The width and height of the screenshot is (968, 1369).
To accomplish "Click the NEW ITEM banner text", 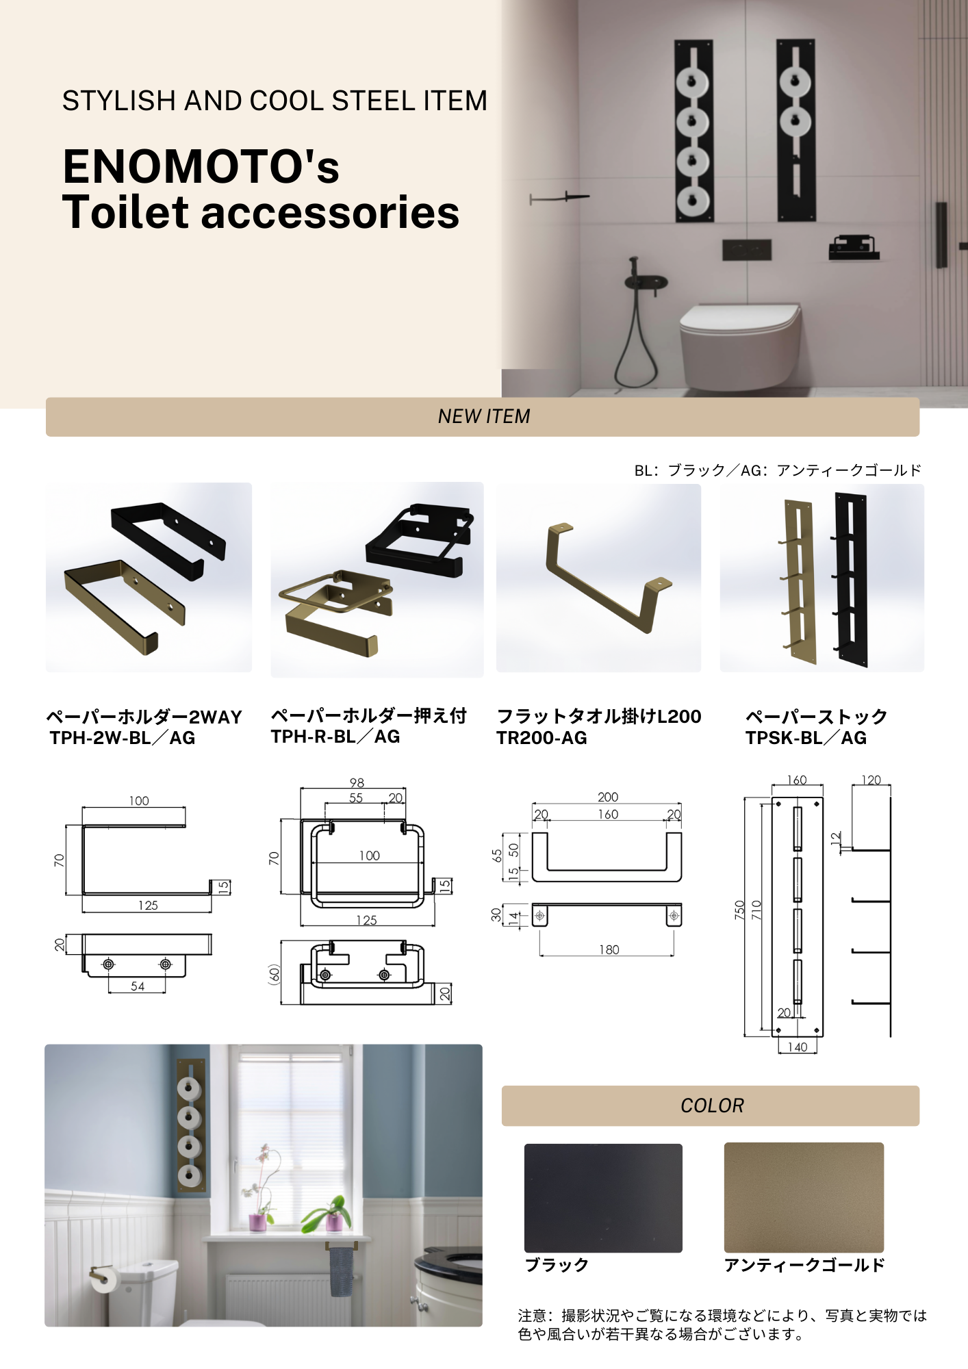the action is point(484,416).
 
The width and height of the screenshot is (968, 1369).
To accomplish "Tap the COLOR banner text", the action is point(712,1105).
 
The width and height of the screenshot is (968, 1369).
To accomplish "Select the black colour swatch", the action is point(603,1198).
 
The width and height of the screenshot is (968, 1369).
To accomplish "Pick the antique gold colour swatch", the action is point(804,1197).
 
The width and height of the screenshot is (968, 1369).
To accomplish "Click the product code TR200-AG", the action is point(542,738).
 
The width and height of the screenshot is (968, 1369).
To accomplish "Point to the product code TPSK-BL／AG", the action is point(806,738).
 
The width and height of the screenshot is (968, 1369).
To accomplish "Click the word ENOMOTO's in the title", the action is point(201,166).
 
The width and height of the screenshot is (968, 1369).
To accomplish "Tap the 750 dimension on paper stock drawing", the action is point(739,910).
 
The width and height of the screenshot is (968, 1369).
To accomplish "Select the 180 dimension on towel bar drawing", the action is point(609,949).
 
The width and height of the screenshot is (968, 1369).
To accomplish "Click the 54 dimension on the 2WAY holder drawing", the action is point(138,986).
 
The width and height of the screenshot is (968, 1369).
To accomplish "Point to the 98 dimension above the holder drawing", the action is point(357,782).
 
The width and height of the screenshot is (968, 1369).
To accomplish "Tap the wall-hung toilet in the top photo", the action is point(739,346).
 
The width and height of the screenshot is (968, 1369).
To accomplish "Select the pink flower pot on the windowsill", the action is point(257,1223).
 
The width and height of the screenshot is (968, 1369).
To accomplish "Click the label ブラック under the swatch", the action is point(557,1265).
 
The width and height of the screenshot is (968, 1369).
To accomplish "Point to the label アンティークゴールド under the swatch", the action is point(804,1265).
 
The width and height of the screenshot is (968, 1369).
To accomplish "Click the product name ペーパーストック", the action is point(816,717).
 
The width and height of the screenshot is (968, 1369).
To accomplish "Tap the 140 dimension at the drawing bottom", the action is point(797,1047).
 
